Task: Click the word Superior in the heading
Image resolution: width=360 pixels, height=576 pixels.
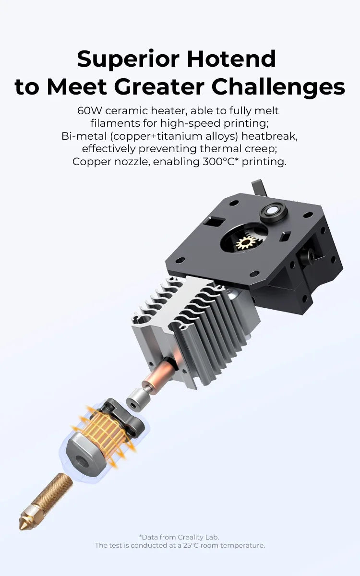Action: [128, 59]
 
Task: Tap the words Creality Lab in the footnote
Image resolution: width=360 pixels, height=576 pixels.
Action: [198, 537]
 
